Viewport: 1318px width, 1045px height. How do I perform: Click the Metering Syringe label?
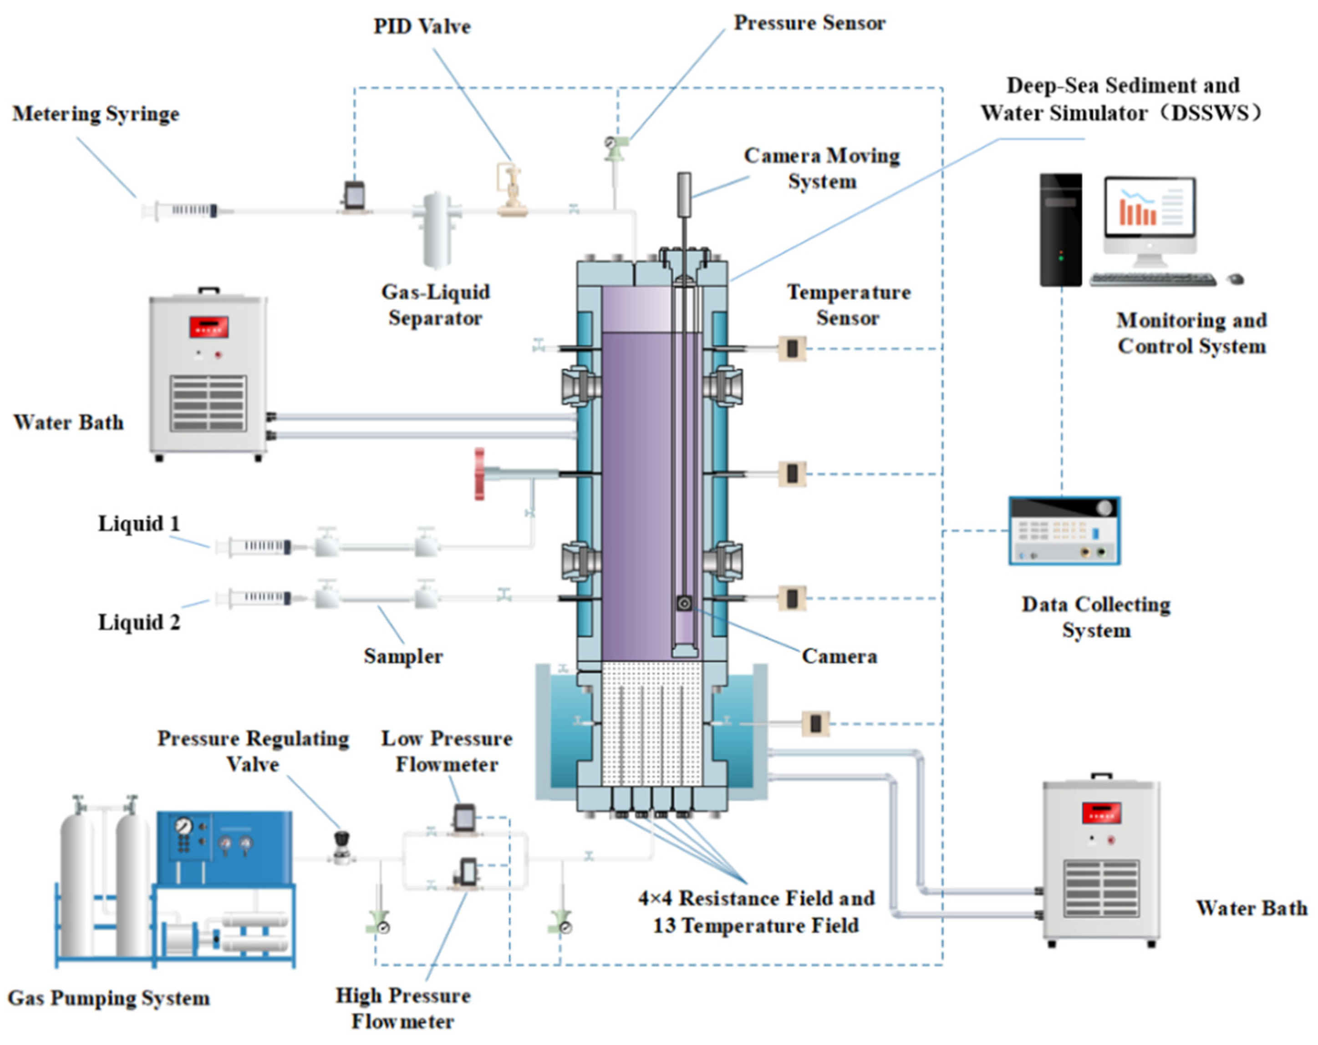pos(96,114)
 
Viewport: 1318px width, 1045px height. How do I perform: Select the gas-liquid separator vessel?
pos(437,230)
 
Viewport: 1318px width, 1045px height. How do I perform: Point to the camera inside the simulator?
pos(685,603)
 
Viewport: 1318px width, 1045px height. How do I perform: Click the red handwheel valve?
pos(480,474)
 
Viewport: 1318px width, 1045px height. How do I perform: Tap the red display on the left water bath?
pos(209,326)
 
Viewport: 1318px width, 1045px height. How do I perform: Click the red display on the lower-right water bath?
pos(1102,813)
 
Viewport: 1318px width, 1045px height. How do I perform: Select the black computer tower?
pos(1061,230)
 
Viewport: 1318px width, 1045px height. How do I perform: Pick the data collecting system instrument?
pos(1064,530)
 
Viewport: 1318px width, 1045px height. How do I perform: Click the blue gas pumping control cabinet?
pos(224,847)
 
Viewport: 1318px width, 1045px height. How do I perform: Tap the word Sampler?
pos(403,656)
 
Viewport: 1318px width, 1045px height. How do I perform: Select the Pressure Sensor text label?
pos(809,23)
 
